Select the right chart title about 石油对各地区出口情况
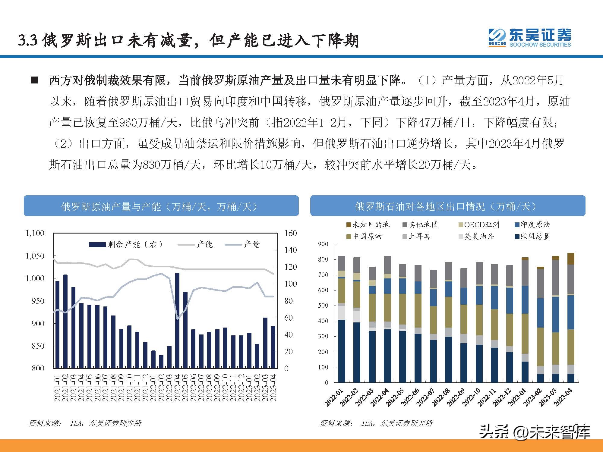point(447,206)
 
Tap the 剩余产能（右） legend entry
point(127,244)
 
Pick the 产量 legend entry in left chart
point(243,244)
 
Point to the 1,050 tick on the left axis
point(35,256)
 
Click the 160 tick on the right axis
point(290,233)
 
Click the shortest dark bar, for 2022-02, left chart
point(161,361)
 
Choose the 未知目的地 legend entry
point(368,225)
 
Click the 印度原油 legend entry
point(532,225)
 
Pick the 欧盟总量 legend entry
point(532,237)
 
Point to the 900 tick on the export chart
point(323,244)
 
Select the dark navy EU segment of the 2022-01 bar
point(342,351)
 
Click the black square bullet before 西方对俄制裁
point(34,81)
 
